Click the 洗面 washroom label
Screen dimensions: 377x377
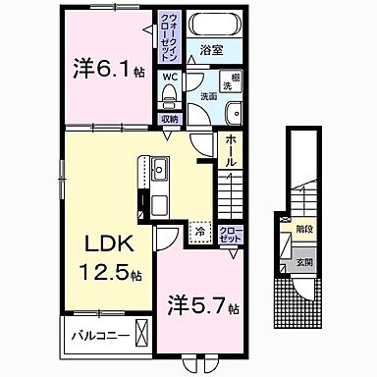(209, 96)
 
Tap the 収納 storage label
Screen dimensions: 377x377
(170, 119)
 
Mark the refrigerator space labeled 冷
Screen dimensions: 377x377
(200, 232)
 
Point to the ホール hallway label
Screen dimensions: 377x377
(229, 148)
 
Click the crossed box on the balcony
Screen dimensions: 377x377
(143, 334)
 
